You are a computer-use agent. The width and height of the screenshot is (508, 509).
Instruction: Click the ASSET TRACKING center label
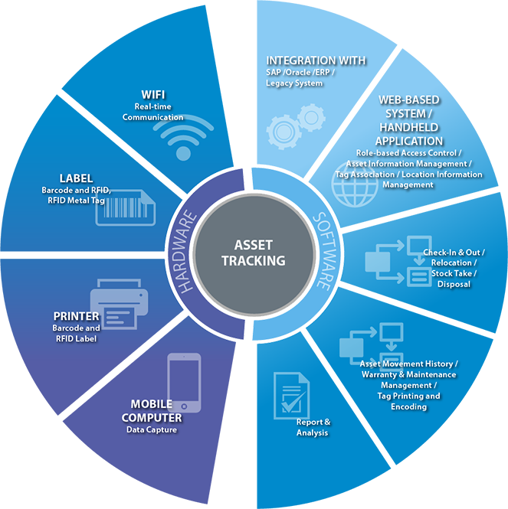tap(254, 253)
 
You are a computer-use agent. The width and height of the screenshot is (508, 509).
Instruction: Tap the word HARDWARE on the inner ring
tap(185, 252)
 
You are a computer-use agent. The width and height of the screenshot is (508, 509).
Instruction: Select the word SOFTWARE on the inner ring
tap(324, 251)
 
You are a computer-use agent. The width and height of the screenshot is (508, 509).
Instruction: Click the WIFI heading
tap(153, 95)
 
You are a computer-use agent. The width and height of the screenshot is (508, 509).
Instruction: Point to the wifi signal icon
tap(183, 137)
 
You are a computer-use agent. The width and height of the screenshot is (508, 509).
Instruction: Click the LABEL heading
tap(76, 178)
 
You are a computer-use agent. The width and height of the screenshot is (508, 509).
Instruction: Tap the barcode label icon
tap(126, 207)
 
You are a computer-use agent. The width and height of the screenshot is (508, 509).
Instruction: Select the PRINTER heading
tap(76, 316)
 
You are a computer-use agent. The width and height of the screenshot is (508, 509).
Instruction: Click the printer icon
tap(119, 304)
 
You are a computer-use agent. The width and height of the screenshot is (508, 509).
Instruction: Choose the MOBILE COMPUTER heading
tap(152, 410)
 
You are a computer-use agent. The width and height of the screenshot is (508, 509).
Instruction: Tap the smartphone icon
tap(184, 383)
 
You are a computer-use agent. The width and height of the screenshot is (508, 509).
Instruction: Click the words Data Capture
tap(152, 430)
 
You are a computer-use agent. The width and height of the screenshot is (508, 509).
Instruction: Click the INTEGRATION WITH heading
tap(316, 60)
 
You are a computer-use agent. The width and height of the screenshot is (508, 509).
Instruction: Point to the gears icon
tap(296, 126)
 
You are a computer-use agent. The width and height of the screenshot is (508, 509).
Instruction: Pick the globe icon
tap(355, 184)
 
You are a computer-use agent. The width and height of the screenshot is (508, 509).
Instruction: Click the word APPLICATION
tap(409, 141)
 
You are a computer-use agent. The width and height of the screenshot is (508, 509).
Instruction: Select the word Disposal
tap(454, 285)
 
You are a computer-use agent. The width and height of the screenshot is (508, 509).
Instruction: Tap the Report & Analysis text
tap(313, 427)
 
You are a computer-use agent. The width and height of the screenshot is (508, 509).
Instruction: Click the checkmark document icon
tap(291, 396)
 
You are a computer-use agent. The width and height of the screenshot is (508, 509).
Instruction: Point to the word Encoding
tap(408, 406)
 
